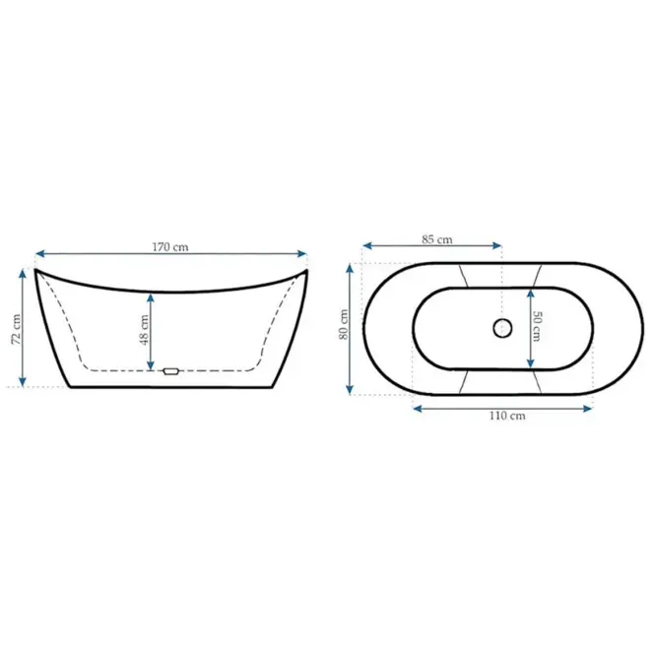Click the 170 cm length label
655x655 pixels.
point(170,247)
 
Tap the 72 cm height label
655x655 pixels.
point(17,329)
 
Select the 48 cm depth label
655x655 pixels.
point(144,330)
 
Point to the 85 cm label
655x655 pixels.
point(436,239)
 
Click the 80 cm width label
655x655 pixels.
point(344,324)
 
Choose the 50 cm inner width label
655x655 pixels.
point(537,326)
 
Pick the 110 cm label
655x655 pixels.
point(507,416)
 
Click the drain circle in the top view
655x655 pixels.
point(502,328)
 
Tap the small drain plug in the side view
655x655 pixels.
point(170,371)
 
